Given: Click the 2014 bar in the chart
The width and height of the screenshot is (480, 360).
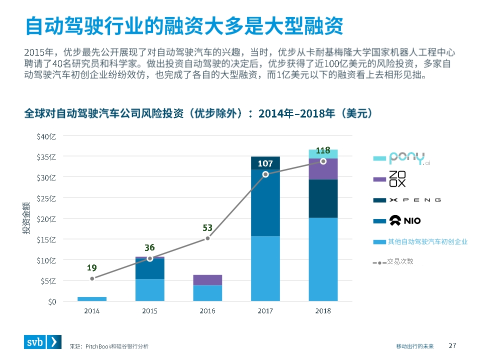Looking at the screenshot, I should [92, 299].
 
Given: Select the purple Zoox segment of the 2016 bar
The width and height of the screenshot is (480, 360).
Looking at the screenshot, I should [207, 279].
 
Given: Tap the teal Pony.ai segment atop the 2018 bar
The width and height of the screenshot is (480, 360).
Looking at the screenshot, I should [323, 153].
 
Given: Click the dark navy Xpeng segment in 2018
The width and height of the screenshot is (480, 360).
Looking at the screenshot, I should [323, 198].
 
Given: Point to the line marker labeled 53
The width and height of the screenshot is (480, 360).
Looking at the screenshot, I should [207, 238].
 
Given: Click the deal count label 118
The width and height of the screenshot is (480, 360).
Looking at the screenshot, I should [323, 150].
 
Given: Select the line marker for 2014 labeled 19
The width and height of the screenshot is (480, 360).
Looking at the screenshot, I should [92, 278].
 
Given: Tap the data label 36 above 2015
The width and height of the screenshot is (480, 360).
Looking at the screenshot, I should [149, 247].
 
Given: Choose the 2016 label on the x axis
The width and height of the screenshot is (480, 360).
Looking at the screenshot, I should [207, 311].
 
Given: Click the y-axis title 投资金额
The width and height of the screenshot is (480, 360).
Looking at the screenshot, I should [25, 218].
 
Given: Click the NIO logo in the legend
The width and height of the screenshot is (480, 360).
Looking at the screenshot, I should [406, 220].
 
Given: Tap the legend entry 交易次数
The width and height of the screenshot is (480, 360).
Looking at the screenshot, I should [400, 261].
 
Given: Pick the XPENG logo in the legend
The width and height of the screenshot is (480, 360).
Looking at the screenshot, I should [415, 200].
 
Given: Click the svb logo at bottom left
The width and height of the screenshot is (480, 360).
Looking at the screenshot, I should [43, 342].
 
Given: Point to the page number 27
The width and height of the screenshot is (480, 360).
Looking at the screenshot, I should [453, 345].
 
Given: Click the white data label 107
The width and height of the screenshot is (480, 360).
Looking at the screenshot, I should [265, 163].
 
